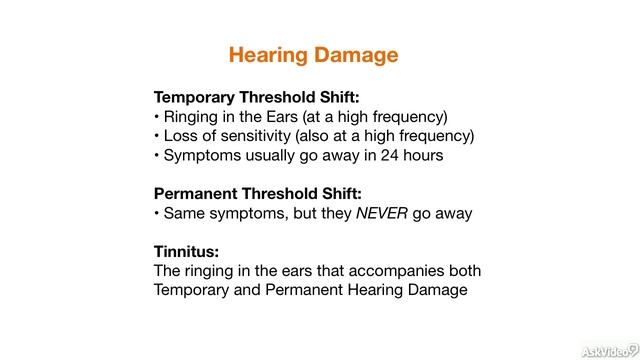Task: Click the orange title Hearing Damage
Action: click(x=313, y=54)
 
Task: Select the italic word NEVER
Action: click(x=382, y=213)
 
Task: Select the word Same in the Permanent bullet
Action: click(x=184, y=213)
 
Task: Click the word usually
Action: click(x=263, y=155)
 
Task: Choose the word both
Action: click(x=463, y=271)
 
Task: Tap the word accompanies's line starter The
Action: click(x=168, y=271)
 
